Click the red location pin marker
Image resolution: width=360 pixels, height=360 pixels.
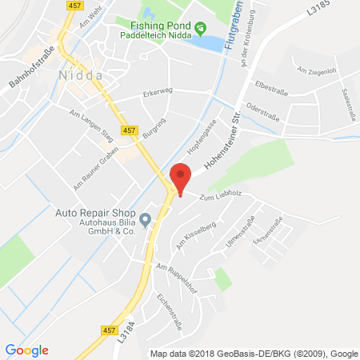(182, 178)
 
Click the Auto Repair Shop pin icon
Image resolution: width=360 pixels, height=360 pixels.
(145, 219)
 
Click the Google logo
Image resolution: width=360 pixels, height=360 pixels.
(26, 349)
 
